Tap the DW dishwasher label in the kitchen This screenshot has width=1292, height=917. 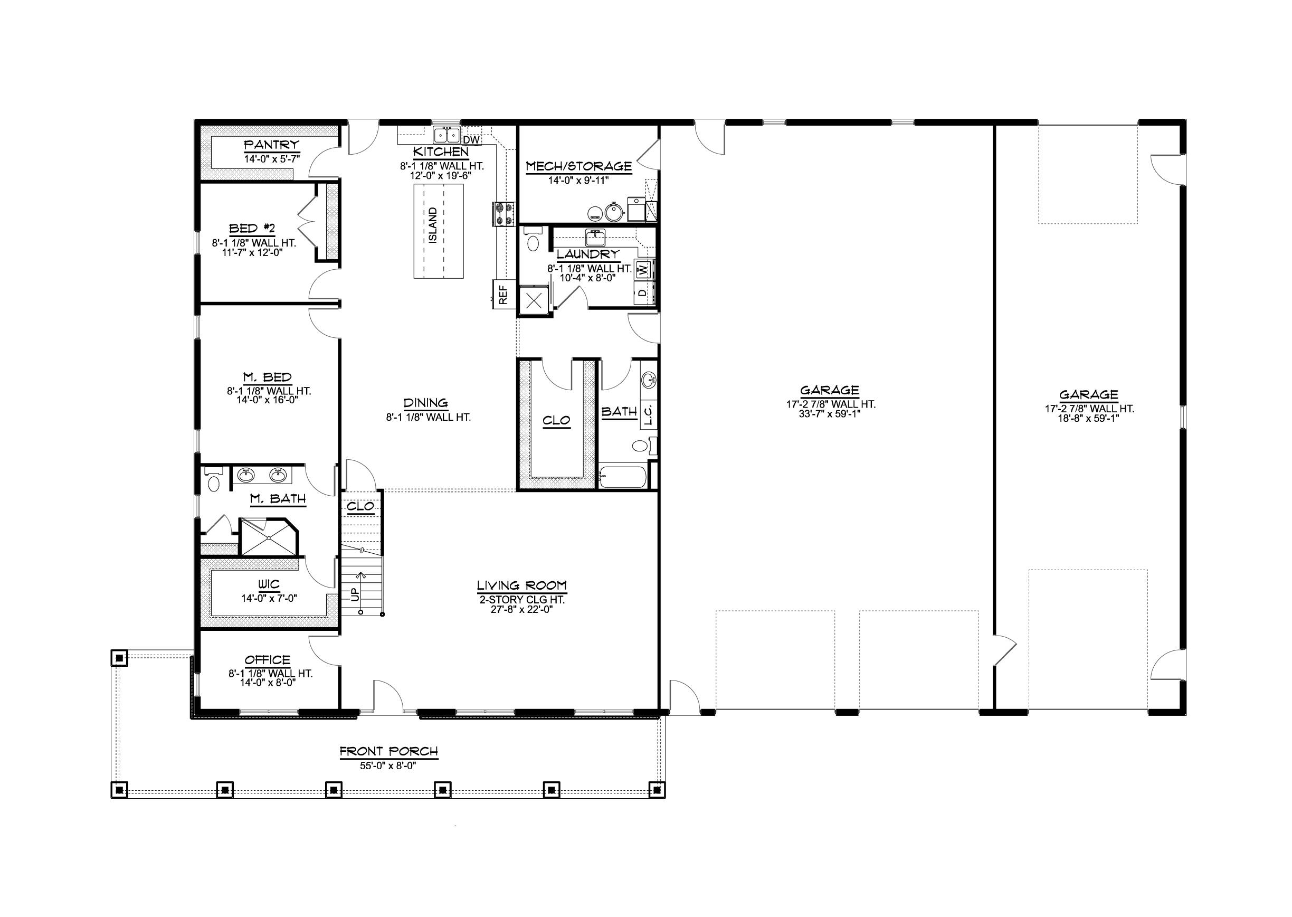pos(471,139)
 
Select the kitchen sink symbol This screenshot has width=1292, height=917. pos(447,136)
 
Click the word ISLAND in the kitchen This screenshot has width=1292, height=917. pos(433,225)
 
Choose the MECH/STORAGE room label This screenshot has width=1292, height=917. pos(578,166)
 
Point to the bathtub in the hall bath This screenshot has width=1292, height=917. pos(623,477)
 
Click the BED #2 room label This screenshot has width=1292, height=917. pos(252,229)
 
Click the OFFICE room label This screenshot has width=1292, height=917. pos(268,660)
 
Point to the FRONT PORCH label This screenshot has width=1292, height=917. pos(389,752)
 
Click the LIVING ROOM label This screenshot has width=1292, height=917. pos(521,585)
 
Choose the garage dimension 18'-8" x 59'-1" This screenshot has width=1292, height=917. pos(1089,419)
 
